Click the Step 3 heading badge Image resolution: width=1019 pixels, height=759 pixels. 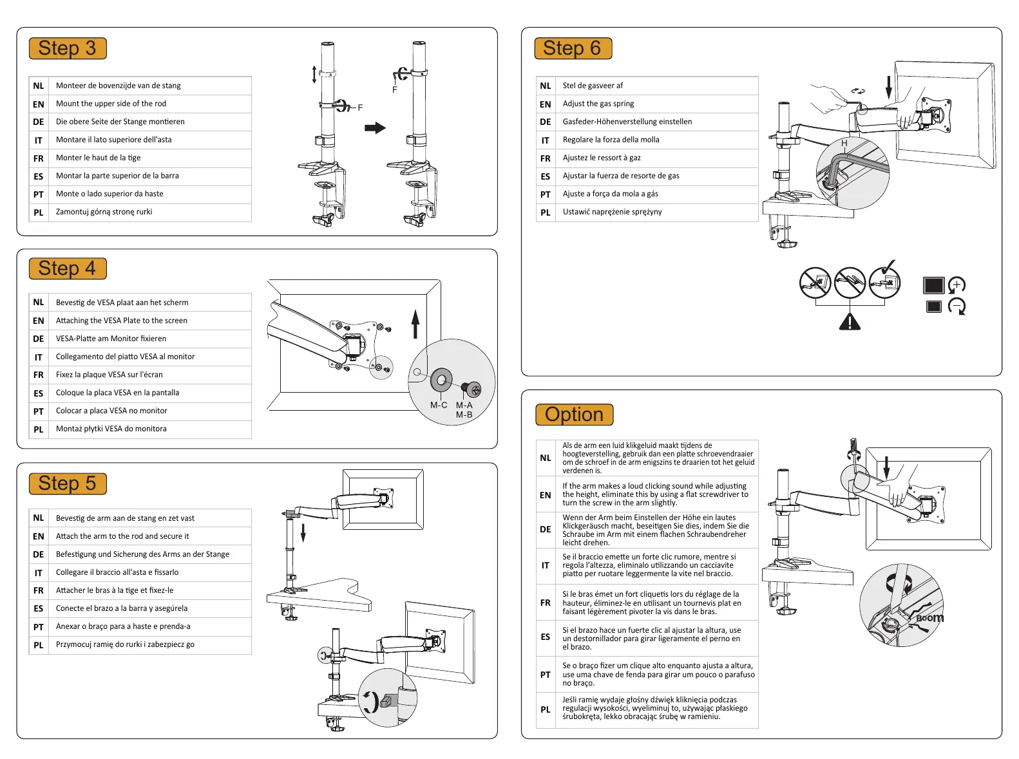pos(67,48)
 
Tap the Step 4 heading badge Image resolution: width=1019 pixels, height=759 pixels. pos(67,268)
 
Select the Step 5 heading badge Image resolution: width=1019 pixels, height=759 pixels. pos(67,483)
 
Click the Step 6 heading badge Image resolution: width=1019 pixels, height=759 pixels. pos(572,48)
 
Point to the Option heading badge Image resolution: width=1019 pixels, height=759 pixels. pos(574,415)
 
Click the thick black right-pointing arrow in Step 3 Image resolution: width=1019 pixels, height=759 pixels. pos(375,128)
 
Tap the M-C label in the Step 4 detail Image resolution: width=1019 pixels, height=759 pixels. pos(439,405)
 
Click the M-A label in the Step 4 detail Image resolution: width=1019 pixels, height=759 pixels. pos(464,405)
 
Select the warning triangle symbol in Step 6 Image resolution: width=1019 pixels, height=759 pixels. pos(850,321)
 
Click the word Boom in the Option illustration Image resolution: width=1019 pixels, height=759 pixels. pos(930,618)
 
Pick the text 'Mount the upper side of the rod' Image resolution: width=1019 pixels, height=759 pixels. pos(111,104)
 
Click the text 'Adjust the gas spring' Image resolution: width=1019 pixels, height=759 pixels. pos(598,104)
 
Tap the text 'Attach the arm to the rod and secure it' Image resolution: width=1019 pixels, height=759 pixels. pos(122,536)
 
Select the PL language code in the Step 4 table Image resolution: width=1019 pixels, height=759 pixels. pos(39,429)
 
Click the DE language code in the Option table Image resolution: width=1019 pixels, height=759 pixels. pos(546,530)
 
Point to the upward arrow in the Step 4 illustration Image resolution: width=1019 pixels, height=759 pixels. pos(415,324)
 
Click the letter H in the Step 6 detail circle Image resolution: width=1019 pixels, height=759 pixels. pos(844,144)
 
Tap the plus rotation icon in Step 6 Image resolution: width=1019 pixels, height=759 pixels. pos(957,285)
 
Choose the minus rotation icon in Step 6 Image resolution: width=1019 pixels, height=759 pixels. pos(957,306)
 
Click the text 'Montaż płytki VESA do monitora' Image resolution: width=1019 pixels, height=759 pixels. pos(111,429)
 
